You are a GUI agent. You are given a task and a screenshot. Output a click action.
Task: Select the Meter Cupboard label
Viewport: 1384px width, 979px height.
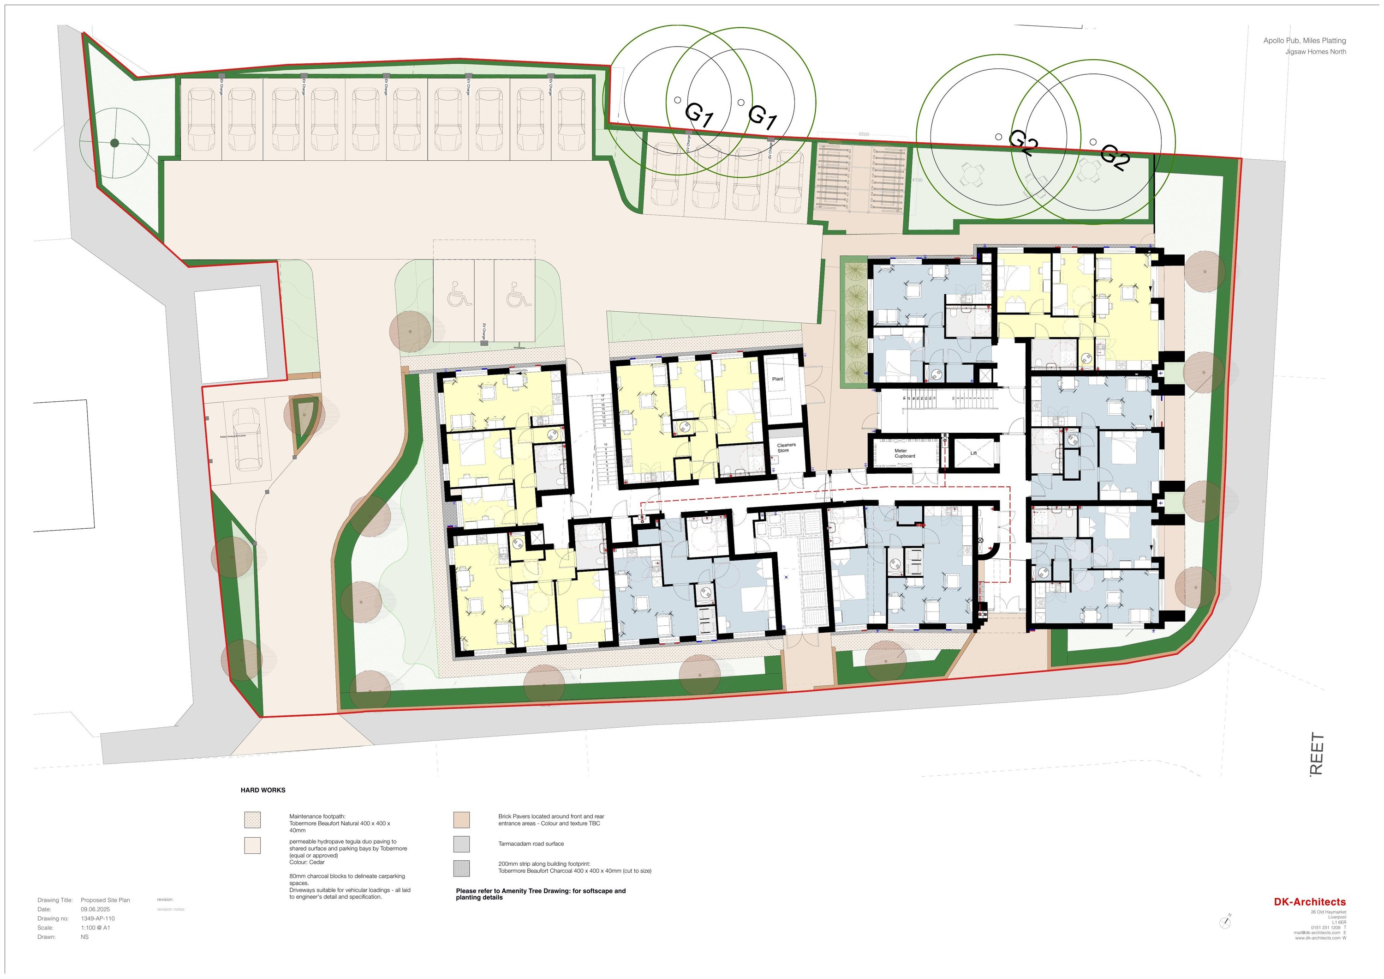click(904, 453)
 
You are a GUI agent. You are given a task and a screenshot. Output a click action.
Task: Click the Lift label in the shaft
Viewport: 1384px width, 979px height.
click(973, 453)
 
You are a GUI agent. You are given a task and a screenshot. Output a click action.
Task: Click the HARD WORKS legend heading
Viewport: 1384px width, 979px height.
click(263, 790)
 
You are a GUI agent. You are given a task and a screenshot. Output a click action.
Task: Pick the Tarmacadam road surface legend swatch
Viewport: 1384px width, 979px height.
click(461, 844)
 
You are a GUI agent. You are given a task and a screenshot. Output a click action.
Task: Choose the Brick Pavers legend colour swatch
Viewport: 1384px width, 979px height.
click(461, 820)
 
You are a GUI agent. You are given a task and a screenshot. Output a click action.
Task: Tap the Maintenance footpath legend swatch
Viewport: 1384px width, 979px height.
click(252, 820)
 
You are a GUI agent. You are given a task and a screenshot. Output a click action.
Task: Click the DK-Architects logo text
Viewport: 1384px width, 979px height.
click(1309, 902)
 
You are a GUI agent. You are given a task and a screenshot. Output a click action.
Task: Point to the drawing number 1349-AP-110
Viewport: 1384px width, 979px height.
click(98, 919)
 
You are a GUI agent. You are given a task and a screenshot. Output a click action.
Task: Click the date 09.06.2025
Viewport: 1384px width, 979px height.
click(95, 909)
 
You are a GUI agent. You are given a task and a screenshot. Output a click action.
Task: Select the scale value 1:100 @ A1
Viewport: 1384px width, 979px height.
click(95, 928)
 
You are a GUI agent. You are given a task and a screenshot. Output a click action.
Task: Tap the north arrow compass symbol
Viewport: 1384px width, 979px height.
click(1225, 922)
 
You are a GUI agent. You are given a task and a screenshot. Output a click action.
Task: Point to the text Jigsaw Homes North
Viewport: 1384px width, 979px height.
click(1315, 52)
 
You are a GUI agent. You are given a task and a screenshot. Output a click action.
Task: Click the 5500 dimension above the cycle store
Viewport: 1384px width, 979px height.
click(863, 134)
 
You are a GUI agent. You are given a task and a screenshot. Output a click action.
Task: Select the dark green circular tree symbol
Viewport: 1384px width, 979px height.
click(114, 143)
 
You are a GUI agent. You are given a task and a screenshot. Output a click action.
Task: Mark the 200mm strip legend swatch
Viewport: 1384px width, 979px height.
click(461, 868)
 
